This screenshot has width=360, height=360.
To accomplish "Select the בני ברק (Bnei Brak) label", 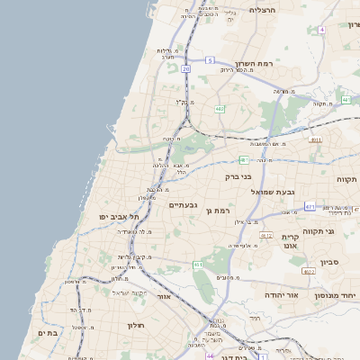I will pos(243,177).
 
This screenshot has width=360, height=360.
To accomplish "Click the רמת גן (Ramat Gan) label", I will pos(232,210).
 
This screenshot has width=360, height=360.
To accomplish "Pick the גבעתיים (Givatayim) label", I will pos(183,205).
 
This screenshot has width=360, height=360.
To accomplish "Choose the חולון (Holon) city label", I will pos(136,324).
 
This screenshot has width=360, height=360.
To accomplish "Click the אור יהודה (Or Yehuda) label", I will pos(262,294).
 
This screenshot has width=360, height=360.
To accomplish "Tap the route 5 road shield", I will pos(209,60).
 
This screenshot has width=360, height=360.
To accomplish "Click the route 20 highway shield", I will pos(185,68).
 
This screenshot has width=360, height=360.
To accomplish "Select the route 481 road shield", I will pos(243,160).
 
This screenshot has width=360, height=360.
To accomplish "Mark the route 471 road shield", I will pos(310,207).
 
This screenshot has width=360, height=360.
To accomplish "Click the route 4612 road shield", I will pos(265,235).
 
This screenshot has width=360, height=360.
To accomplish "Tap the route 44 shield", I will pos(210,355).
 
